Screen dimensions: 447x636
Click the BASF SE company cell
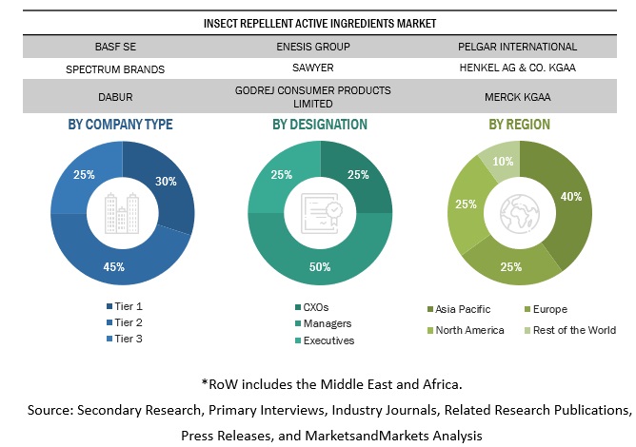point(114,46)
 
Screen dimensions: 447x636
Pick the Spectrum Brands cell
point(114,69)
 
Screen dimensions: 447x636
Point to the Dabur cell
point(114,96)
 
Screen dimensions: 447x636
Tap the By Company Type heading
point(121,124)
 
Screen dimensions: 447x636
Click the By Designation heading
point(320,124)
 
